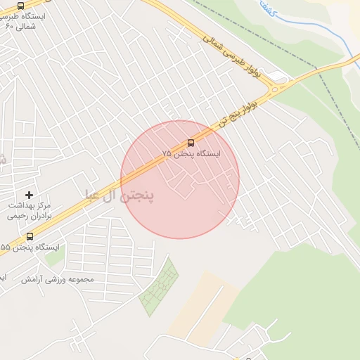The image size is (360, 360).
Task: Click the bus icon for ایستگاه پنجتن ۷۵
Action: coord(191,143)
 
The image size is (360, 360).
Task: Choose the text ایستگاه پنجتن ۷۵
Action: coord(191,153)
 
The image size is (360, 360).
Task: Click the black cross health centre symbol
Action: coord(29,194)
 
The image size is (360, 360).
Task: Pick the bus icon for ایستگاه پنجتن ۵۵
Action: coord(29,236)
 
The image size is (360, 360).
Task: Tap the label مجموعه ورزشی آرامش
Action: coord(67,279)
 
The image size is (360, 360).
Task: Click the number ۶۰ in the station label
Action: coord(9,26)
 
